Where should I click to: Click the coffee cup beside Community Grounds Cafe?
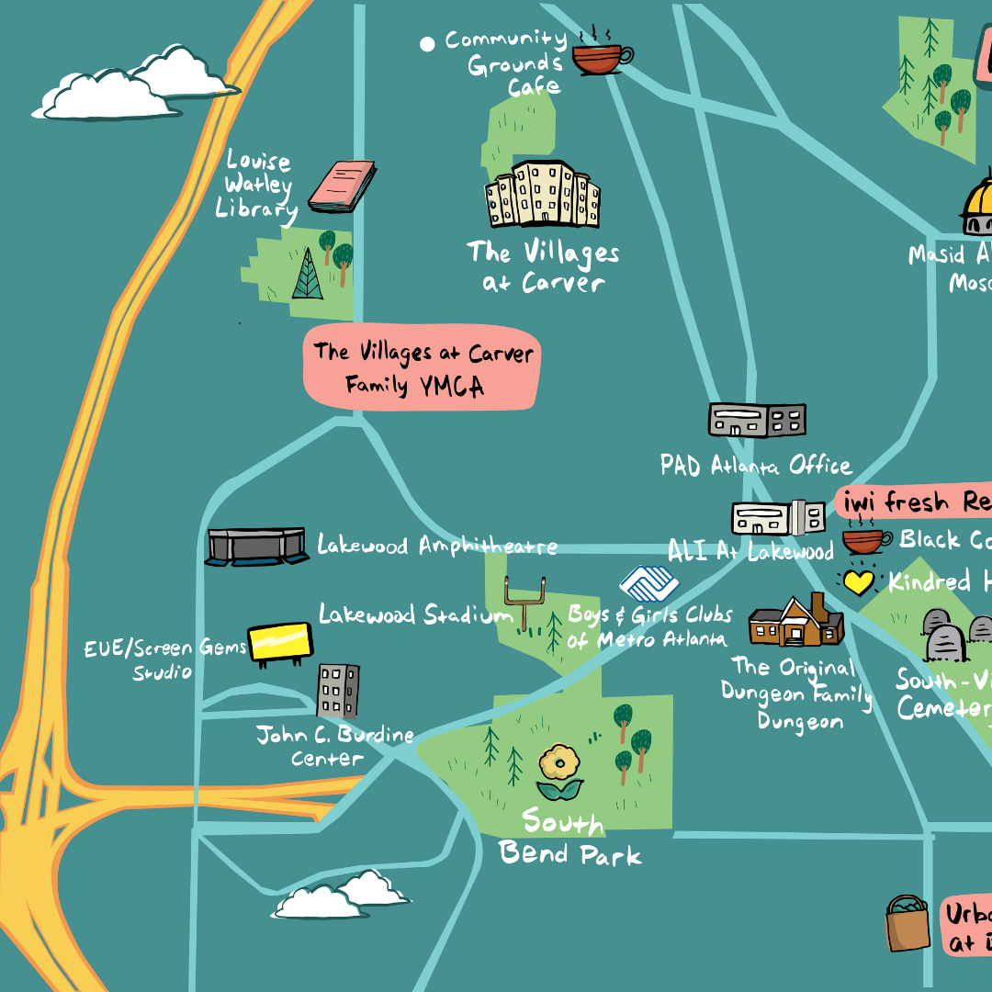click(601, 57)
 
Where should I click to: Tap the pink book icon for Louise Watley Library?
click(342, 185)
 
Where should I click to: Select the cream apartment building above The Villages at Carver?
click(542, 195)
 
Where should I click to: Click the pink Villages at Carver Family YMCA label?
click(423, 367)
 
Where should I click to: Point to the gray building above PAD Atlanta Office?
click(757, 420)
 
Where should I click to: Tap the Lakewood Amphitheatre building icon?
click(256, 547)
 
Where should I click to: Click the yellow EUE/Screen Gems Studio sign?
click(281, 641)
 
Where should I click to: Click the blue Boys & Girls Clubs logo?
click(648, 583)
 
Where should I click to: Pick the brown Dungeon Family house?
click(795, 621)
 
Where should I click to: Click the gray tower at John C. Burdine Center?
click(338, 691)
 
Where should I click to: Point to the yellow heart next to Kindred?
click(858, 582)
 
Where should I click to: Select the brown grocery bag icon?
click(908, 925)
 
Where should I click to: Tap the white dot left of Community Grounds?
click(427, 43)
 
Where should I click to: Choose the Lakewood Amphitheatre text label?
click(437, 546)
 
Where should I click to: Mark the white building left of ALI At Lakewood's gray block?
click(761, 518)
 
